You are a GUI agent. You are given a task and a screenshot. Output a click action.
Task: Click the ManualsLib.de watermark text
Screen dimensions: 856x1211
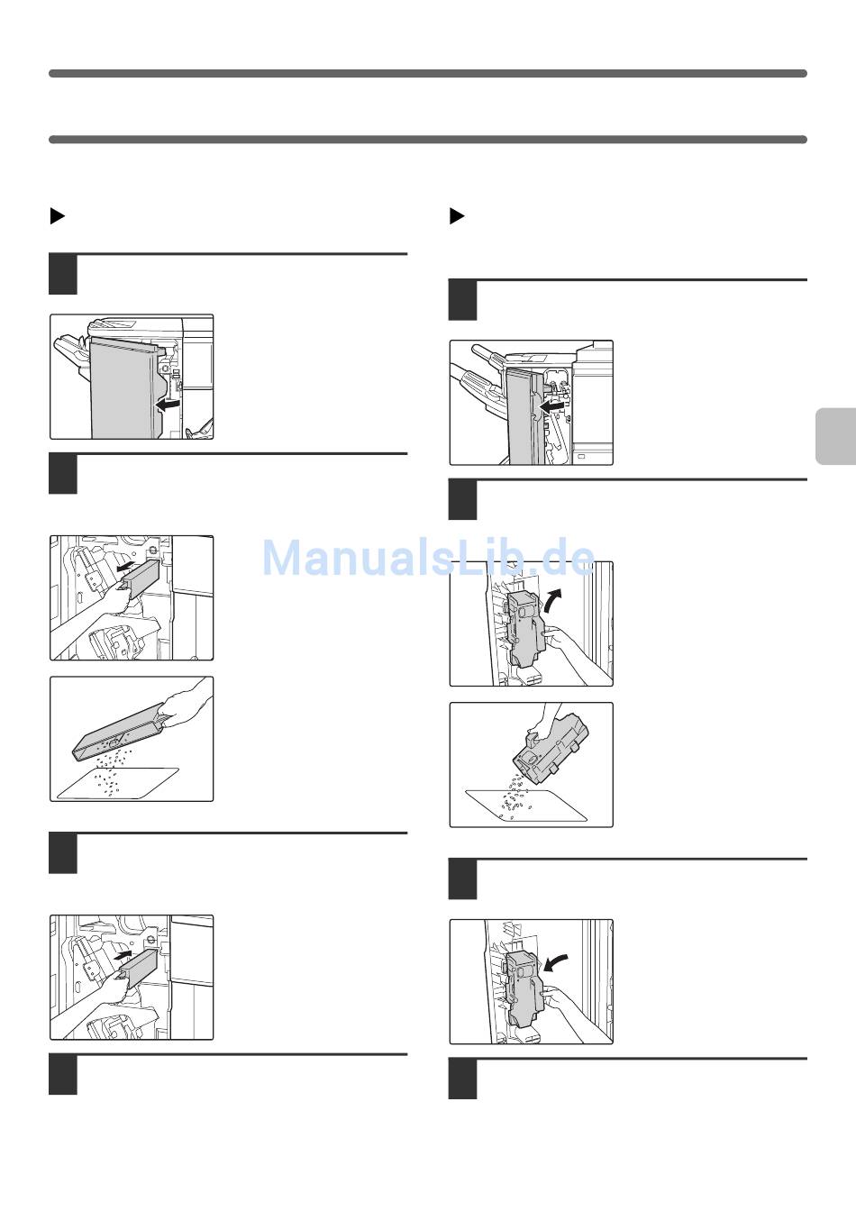(x=428, y=558)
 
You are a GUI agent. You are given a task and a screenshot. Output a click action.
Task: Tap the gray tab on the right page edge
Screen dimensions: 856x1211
(x=835, y=436)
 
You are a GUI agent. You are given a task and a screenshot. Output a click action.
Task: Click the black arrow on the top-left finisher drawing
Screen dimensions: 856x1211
(x=168, y=404)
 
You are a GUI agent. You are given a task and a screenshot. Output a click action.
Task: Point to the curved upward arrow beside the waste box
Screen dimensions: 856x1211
(x=554, y=599)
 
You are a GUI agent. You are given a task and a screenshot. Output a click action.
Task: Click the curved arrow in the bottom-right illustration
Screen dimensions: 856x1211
(x=556, y=961)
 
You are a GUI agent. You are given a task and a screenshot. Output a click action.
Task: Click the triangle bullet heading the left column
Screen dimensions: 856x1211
(x=58, y=215)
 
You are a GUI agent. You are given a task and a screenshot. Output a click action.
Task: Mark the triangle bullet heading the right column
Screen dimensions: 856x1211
(x=457, y=215)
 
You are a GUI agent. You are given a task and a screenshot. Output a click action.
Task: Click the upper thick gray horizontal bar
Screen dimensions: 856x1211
(x=428, y=74)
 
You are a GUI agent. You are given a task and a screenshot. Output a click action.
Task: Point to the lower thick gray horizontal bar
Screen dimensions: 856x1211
(x=428, y=140)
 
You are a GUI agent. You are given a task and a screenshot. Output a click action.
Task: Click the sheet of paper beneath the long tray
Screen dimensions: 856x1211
(x=118, y=783)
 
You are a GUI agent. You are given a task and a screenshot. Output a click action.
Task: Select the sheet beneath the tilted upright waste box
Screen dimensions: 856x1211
(x=525, y=806)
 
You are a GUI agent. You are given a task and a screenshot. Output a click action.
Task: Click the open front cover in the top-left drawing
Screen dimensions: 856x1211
(x=125, y=387)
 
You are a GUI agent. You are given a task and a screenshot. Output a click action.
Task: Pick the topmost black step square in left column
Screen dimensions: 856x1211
(x=63, y=274)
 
